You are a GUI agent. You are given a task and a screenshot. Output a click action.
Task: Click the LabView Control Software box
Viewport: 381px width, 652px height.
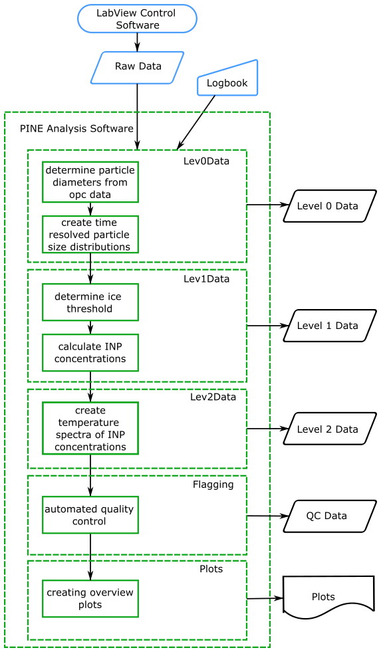pos(137,19)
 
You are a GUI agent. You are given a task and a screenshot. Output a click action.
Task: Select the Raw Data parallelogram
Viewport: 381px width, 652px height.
pos(137,67)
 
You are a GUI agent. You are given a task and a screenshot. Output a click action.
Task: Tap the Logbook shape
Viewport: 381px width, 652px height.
pos(227,78)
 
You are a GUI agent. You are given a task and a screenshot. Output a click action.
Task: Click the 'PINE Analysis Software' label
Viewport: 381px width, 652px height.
pos(76,128)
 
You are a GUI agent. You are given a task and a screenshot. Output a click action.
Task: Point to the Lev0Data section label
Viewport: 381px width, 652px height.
pos(206,161)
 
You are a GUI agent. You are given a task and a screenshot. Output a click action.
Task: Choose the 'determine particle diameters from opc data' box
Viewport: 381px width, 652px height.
pos(90,182)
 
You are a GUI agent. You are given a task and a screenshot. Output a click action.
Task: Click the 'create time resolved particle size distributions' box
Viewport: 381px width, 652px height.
pos(90,235)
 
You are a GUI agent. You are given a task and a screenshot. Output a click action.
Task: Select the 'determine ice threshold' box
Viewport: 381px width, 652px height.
pos(90,302)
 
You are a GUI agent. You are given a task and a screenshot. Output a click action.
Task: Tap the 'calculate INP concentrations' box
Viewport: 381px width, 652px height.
pos(90,353)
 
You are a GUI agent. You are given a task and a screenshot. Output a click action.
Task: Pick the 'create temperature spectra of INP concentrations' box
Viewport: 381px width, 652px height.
pos(90,428)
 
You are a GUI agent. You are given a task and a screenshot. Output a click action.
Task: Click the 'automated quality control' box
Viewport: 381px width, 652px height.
pos(90,515)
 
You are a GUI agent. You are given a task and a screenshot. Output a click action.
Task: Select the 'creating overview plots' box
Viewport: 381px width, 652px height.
pos(90,599)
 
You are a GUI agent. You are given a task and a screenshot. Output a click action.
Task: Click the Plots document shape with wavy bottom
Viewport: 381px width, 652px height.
pos(328,595)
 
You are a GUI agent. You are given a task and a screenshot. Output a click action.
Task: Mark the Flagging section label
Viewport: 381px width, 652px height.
pos(213,485)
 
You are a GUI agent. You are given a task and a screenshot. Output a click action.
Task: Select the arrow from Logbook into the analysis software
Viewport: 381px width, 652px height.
pos(196,122)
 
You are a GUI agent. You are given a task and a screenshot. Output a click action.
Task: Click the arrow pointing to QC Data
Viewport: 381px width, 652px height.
pos(268,516)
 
